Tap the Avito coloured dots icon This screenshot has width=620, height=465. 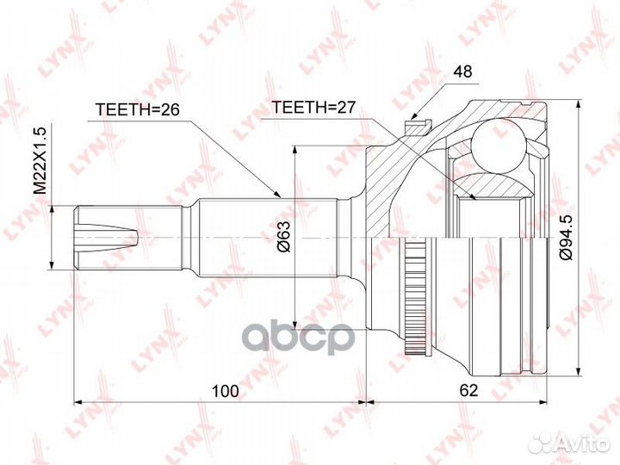click(540, 443)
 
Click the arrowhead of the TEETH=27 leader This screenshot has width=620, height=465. click(475, 201)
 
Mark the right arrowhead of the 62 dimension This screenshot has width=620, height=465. click(548, 401)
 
